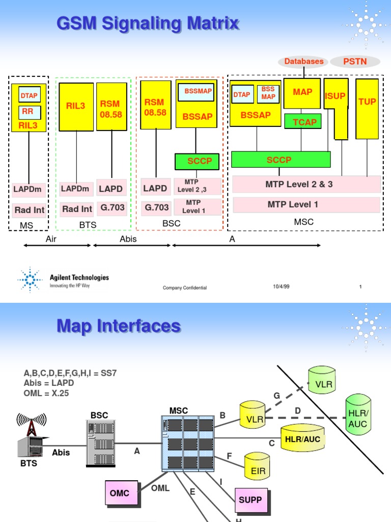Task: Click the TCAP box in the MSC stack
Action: pos(303,121)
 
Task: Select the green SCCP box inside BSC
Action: pos(197,162)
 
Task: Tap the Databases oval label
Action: pos(303,61)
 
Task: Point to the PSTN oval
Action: pos(355,61)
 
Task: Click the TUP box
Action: pos(367,109)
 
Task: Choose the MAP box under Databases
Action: pos(302,94)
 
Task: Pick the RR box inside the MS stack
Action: pos(30,112)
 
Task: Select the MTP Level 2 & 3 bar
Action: pos(306,184)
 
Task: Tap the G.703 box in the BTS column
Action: pos(112,208)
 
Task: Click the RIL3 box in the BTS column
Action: pos(76,107)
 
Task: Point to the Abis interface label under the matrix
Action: pos(128,239)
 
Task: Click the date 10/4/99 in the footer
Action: pos(281,286)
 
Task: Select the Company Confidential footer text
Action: pos(184,288)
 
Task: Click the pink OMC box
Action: pos(122,493)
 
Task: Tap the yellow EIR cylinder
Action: pos(257,466)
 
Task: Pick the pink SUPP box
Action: pos(252,501)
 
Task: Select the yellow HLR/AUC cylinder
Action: pos(302,437)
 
